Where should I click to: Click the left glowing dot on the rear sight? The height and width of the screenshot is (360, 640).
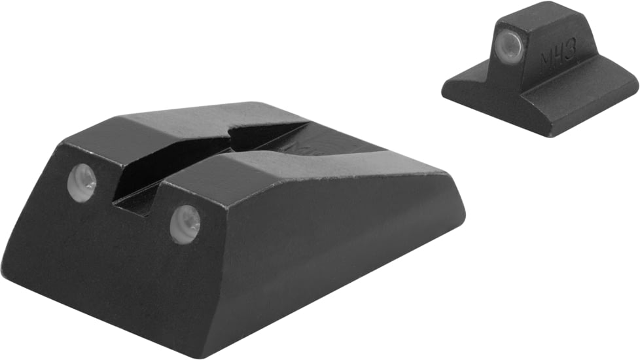pos(83,182)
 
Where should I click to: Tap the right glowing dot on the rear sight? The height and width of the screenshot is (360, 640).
pos(185,223)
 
